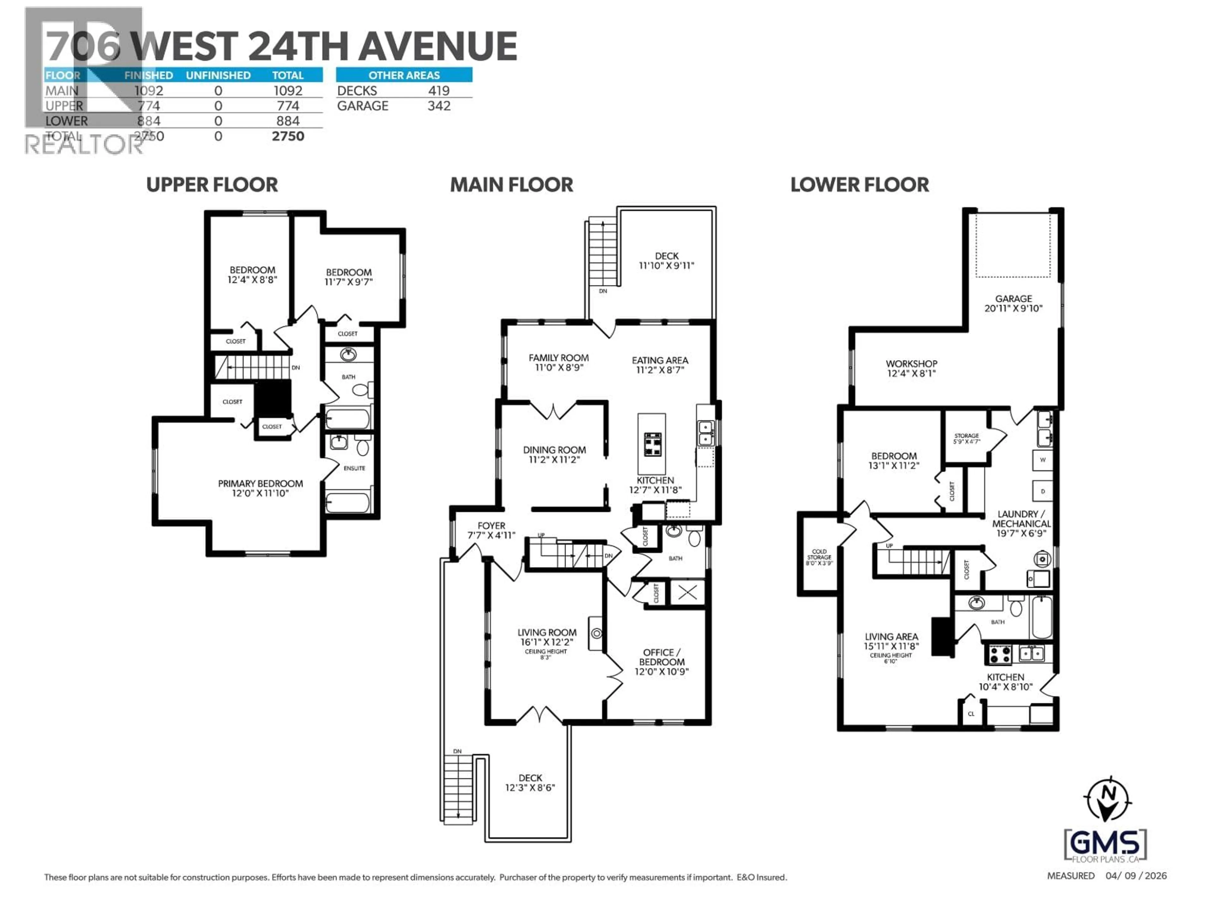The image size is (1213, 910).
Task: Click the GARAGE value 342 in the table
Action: click(439, 106)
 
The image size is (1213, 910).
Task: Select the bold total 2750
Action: click(288, 136)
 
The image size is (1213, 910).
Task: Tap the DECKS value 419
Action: click(439, 90)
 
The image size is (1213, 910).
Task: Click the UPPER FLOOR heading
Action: click(212, 185)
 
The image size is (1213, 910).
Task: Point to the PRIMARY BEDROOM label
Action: click(261, 483)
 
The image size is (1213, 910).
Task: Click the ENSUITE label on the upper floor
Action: click(354, 468)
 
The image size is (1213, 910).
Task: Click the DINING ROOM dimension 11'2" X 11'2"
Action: click(554, 460)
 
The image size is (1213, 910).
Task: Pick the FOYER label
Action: click(491, 525)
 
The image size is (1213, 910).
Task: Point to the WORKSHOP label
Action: click(911, 364)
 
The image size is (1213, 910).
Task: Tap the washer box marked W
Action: click(1042, 460)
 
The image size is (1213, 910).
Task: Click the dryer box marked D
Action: click(1042, 491)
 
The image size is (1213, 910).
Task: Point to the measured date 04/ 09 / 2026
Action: click(1136, 876)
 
